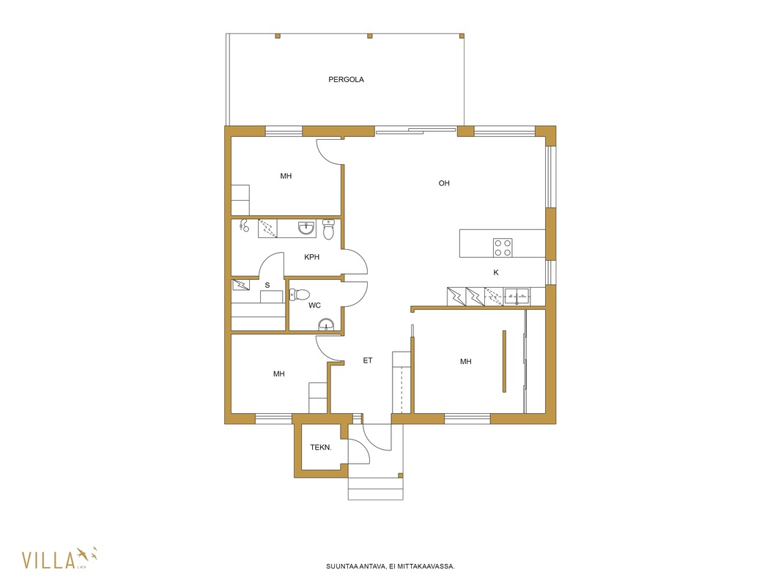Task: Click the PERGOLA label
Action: click(346, 79)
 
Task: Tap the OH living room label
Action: click(444, 183)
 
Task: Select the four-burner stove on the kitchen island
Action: click(503, 248)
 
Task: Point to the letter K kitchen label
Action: click(495, 272)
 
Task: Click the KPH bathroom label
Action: click(312, 257)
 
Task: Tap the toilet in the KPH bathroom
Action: click(328, 229)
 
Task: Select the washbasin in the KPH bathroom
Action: click(306, 228)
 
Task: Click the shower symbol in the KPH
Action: click(243, 225)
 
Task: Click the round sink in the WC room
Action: click(326, 324)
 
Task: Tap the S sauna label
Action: click(267, 285)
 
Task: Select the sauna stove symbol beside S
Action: click(241, 285)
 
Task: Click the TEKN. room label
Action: click(321, 447)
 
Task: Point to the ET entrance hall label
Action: click(368, 360)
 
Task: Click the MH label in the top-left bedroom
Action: click(286, 176)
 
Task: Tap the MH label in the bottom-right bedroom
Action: click(466, 361)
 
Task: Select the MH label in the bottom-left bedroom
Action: click(279, 374)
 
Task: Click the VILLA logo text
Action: click(49, 560)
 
